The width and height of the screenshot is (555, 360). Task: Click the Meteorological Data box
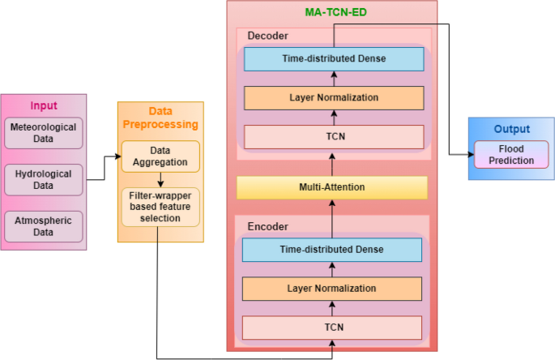click(x=44, y=133)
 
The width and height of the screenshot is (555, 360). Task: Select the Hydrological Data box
click(x=44, y=180)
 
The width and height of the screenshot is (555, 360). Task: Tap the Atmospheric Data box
click(x=44, y=226)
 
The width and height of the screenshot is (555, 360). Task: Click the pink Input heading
click(x=44, y=105)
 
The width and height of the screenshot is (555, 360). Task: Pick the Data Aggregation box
click(x=160, y=156)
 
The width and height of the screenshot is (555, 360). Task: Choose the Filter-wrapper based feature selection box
click(x=160, y=207)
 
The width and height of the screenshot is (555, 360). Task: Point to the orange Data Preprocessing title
click(x=160, y=118)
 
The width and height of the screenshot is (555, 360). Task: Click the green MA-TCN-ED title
click(x=336, y=12)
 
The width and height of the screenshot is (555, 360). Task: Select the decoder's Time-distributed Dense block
click(x=334, y=59)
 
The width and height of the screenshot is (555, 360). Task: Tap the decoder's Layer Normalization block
click(x=334, y=98)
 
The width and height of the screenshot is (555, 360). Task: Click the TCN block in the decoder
click(x=334, y=137)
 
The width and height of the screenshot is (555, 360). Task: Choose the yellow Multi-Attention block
click(x=332, y=187)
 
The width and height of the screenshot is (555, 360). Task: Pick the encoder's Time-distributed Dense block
click(x=332, y=250)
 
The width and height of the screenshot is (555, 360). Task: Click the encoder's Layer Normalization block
click(x=332, y=289)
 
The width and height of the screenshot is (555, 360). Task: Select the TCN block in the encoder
click(x=332, y=328)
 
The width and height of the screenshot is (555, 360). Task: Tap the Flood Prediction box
click(x=511, y=155)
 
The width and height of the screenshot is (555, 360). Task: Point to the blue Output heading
click(x=512, y=129)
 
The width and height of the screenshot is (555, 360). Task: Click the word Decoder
click(x=267, y=36)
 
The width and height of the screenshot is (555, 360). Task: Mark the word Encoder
click(x=267, y=227)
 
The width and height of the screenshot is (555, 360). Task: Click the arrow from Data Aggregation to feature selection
click(x=160, y=180)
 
